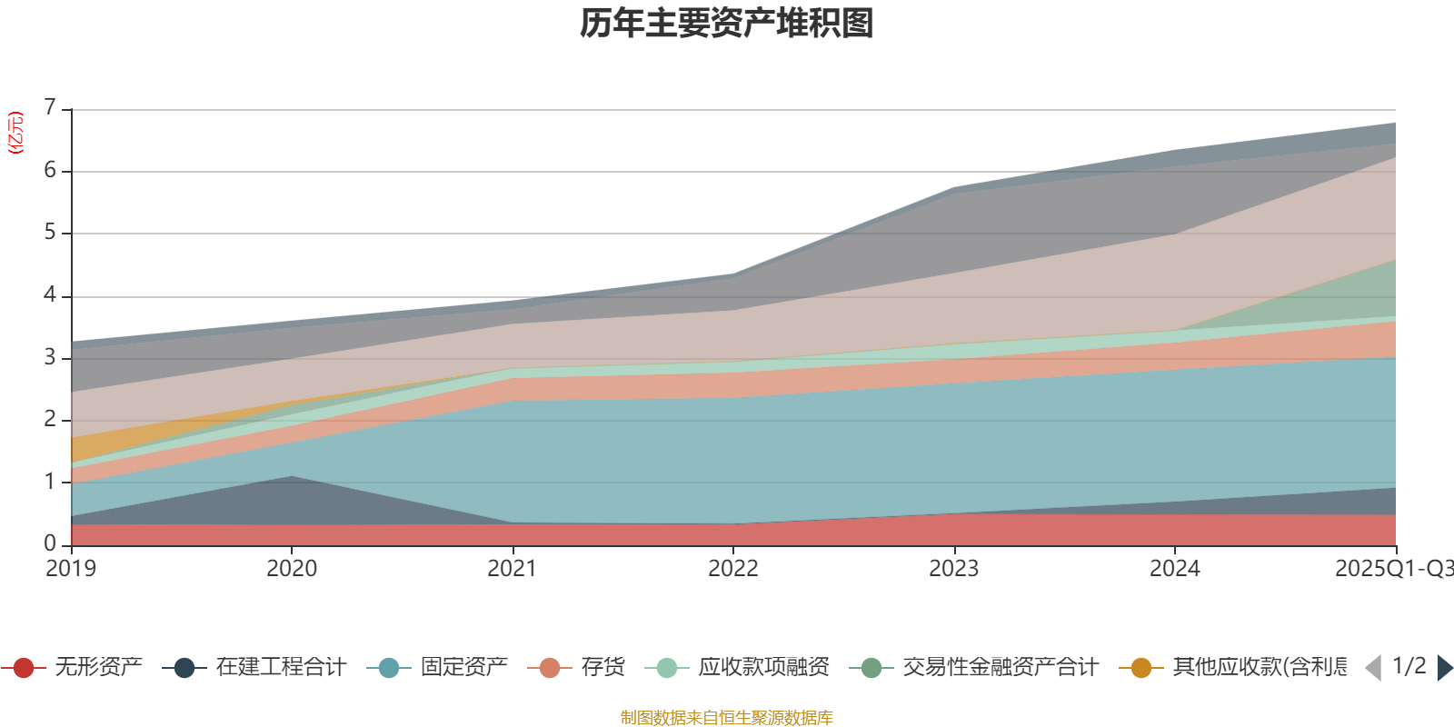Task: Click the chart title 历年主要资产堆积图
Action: pos(727,24)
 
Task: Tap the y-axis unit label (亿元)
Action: pos(15,133)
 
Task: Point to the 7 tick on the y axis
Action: pos(50,108)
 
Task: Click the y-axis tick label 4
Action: pos(50,295)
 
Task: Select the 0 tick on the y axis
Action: pos(50,543)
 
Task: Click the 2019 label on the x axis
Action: pos(71,569)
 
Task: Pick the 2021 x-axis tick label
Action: pos(513,569)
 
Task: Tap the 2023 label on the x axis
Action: pos(953,569)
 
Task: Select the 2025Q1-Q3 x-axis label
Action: pos(1392,569)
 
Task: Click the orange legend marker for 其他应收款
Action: pos(1140,668)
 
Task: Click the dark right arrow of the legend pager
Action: pos(1444,668)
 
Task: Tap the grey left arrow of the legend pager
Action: pos(1373,668)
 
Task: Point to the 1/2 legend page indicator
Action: pos(1409,666)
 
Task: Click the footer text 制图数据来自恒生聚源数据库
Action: pos(727,718)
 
